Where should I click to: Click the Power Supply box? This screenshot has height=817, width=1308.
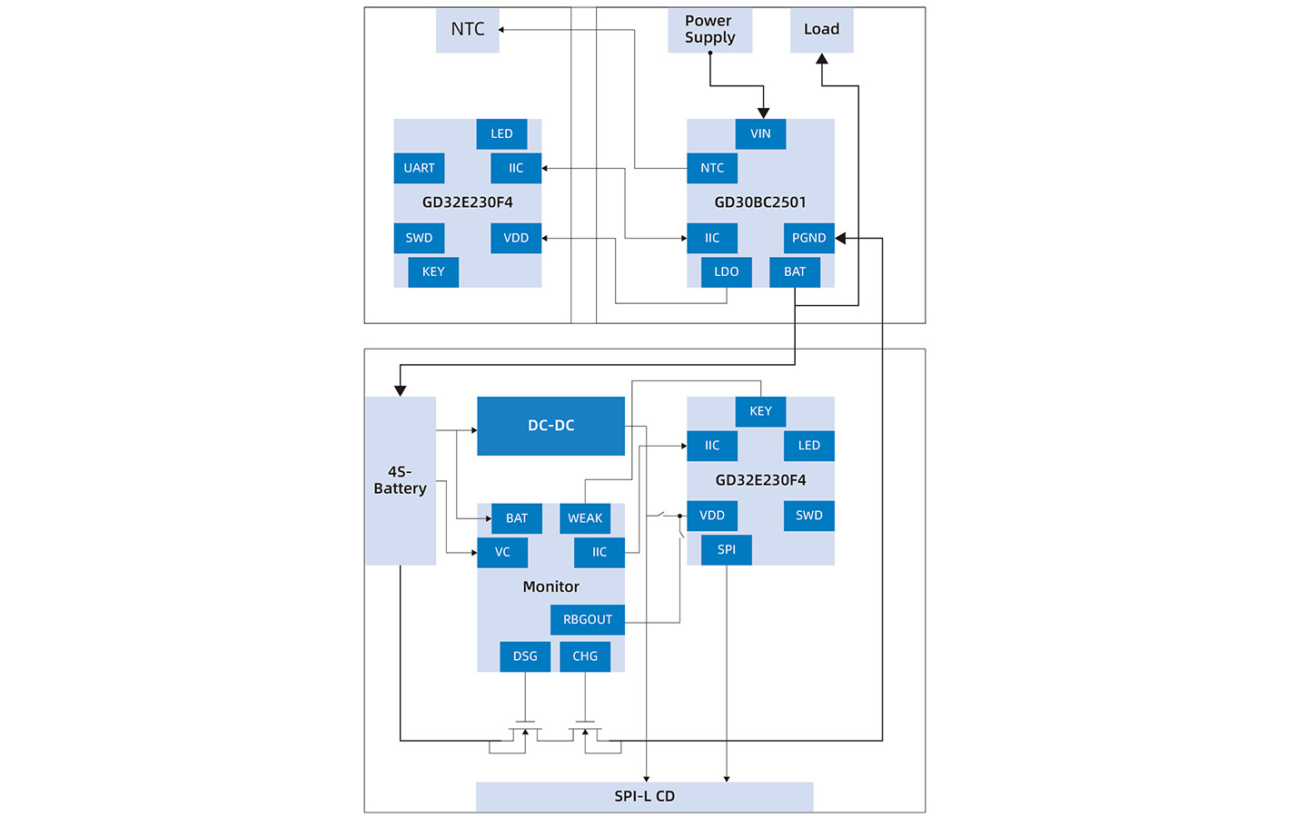[x=710, y=30]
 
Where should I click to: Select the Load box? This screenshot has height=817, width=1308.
[x=821, y=30]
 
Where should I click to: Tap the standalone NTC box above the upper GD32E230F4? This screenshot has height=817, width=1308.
[x=467, y=30]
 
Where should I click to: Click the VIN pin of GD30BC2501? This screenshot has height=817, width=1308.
[x=760, y=133]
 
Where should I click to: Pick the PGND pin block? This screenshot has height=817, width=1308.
[x=808, y=238]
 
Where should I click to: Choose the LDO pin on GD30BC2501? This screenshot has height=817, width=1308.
[x=727, y=272]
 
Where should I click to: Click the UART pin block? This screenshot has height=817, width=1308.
[x=419, y=168]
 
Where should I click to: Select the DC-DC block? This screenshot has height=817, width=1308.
[x=550, y=426]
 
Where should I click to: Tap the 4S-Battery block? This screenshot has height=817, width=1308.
[x=401, y=481]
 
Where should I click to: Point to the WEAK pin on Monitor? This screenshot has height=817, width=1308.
[x=585, y=518]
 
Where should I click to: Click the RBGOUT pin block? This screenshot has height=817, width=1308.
[x=588, y=620]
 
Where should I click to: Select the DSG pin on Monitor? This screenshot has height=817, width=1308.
[x=525, y=656]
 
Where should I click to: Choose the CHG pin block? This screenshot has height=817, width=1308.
[x=585, y=656]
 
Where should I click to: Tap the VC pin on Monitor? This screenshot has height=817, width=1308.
[x=502, y=552]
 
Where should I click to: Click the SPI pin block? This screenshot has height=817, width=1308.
[x=727, y=550]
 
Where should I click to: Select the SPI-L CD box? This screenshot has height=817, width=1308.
[x=645, y=797]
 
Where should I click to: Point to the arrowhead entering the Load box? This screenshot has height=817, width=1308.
[x=821, y=58]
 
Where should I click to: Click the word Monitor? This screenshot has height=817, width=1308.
[x=550, y=586]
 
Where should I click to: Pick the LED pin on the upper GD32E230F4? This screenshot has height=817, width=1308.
[x=501, y=133]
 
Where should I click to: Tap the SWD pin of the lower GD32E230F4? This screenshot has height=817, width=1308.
[x=808, y=516]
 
